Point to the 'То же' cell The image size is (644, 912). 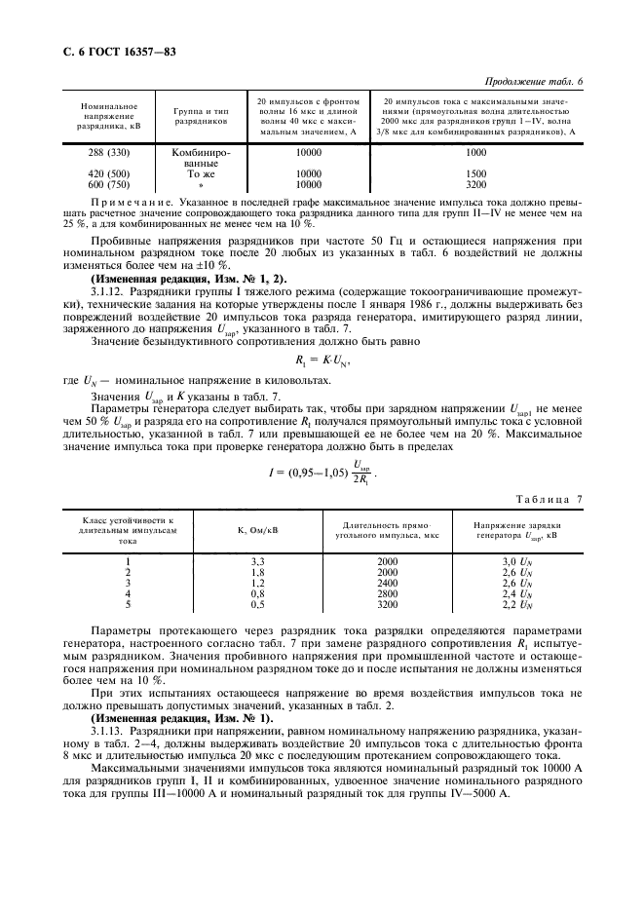[x=201, y=173]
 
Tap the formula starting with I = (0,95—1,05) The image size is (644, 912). [x=322, y=447]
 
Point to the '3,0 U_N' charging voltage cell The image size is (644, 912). [x=516, y=562]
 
